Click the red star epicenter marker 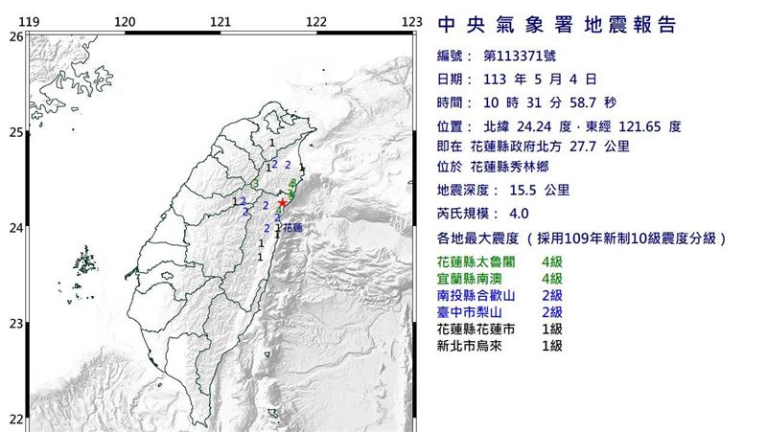coord(282,203)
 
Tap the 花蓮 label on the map coord(292,228)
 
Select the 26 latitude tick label coord(15,36)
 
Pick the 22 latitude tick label coord(15,420)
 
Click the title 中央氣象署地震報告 coord(556,25)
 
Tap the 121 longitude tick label coord(221,21)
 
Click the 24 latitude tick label coord(15,228)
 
